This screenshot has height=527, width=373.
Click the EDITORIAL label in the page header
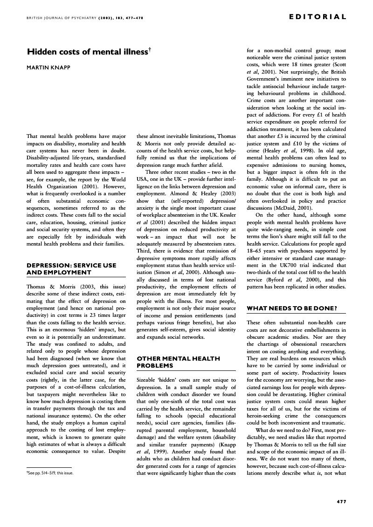point(318,17)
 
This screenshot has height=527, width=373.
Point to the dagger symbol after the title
point(149,49)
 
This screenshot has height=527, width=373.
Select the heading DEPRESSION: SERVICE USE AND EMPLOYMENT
point(72,268)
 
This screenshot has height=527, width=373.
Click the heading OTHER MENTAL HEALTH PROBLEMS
point(172,362)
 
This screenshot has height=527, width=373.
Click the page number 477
point(341,501)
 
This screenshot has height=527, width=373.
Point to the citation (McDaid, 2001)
point(309,208)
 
